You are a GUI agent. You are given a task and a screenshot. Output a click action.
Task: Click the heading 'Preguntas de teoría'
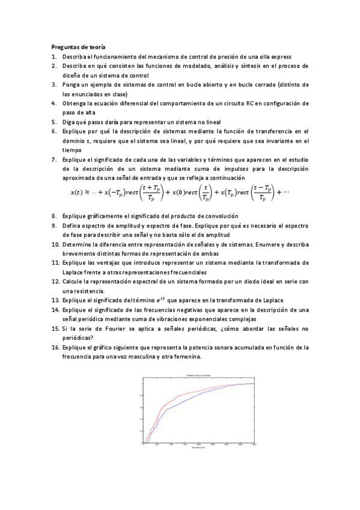click(x=79, y=47)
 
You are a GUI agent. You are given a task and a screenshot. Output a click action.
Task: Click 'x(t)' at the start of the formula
click(x=76, y=192)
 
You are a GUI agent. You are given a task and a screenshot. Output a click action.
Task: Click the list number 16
click(x=55, y=347)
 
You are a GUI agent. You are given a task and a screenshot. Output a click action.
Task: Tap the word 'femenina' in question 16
click(x=188, y=357)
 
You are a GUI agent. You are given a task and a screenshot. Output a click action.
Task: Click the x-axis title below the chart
click(x=198, y=448)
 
